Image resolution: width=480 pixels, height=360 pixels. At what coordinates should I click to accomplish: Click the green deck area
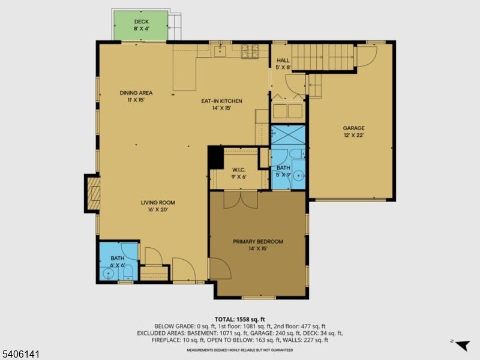click(x=141, y=25)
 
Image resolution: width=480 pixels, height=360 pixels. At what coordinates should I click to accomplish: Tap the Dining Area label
click(x=136, y=96)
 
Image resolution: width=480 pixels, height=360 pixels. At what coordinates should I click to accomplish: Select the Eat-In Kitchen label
click(x=221, y=104)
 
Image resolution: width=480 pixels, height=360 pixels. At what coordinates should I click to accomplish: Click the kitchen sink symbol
click(x=220, y=51)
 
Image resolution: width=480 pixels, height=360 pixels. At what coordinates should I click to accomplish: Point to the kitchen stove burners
click(x=250, y=51)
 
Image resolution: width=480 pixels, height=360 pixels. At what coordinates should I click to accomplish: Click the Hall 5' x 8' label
click(x=283, y=64)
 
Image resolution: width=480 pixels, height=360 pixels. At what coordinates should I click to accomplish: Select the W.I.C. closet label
click(x=239, y=173)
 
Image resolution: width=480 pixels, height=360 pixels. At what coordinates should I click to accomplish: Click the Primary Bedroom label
click(x=258, y=245)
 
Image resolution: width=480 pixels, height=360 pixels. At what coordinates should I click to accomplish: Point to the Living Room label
click(x=158, y=206)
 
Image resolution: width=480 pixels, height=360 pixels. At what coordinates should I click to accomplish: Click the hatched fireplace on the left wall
click(x=94, y=193)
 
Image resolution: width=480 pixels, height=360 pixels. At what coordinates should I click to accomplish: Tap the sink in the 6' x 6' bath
click(x=108, y=274)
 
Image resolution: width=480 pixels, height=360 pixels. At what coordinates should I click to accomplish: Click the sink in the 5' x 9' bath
click(x=298, y=176)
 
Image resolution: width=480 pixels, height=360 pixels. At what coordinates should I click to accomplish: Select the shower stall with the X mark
click(x=288, y=134)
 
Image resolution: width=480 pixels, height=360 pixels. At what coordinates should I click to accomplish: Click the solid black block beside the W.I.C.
click(x=216, y=157)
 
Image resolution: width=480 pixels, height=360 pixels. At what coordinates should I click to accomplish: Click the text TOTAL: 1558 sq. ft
click(x=239, y=320)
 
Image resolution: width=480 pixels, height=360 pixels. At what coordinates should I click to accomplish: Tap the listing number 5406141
click(x=20, y=354)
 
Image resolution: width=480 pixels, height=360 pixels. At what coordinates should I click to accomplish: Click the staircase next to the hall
click(x=323, y=57)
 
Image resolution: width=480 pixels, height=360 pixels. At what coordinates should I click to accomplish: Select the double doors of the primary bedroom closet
click(x=241, y=200)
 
